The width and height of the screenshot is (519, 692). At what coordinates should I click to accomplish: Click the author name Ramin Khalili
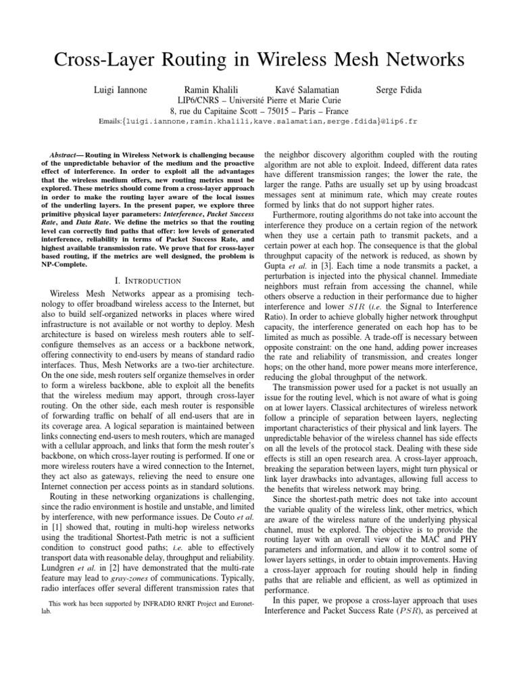coord(212,90)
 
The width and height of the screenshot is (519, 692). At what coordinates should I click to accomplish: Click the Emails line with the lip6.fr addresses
coord(259,124)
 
